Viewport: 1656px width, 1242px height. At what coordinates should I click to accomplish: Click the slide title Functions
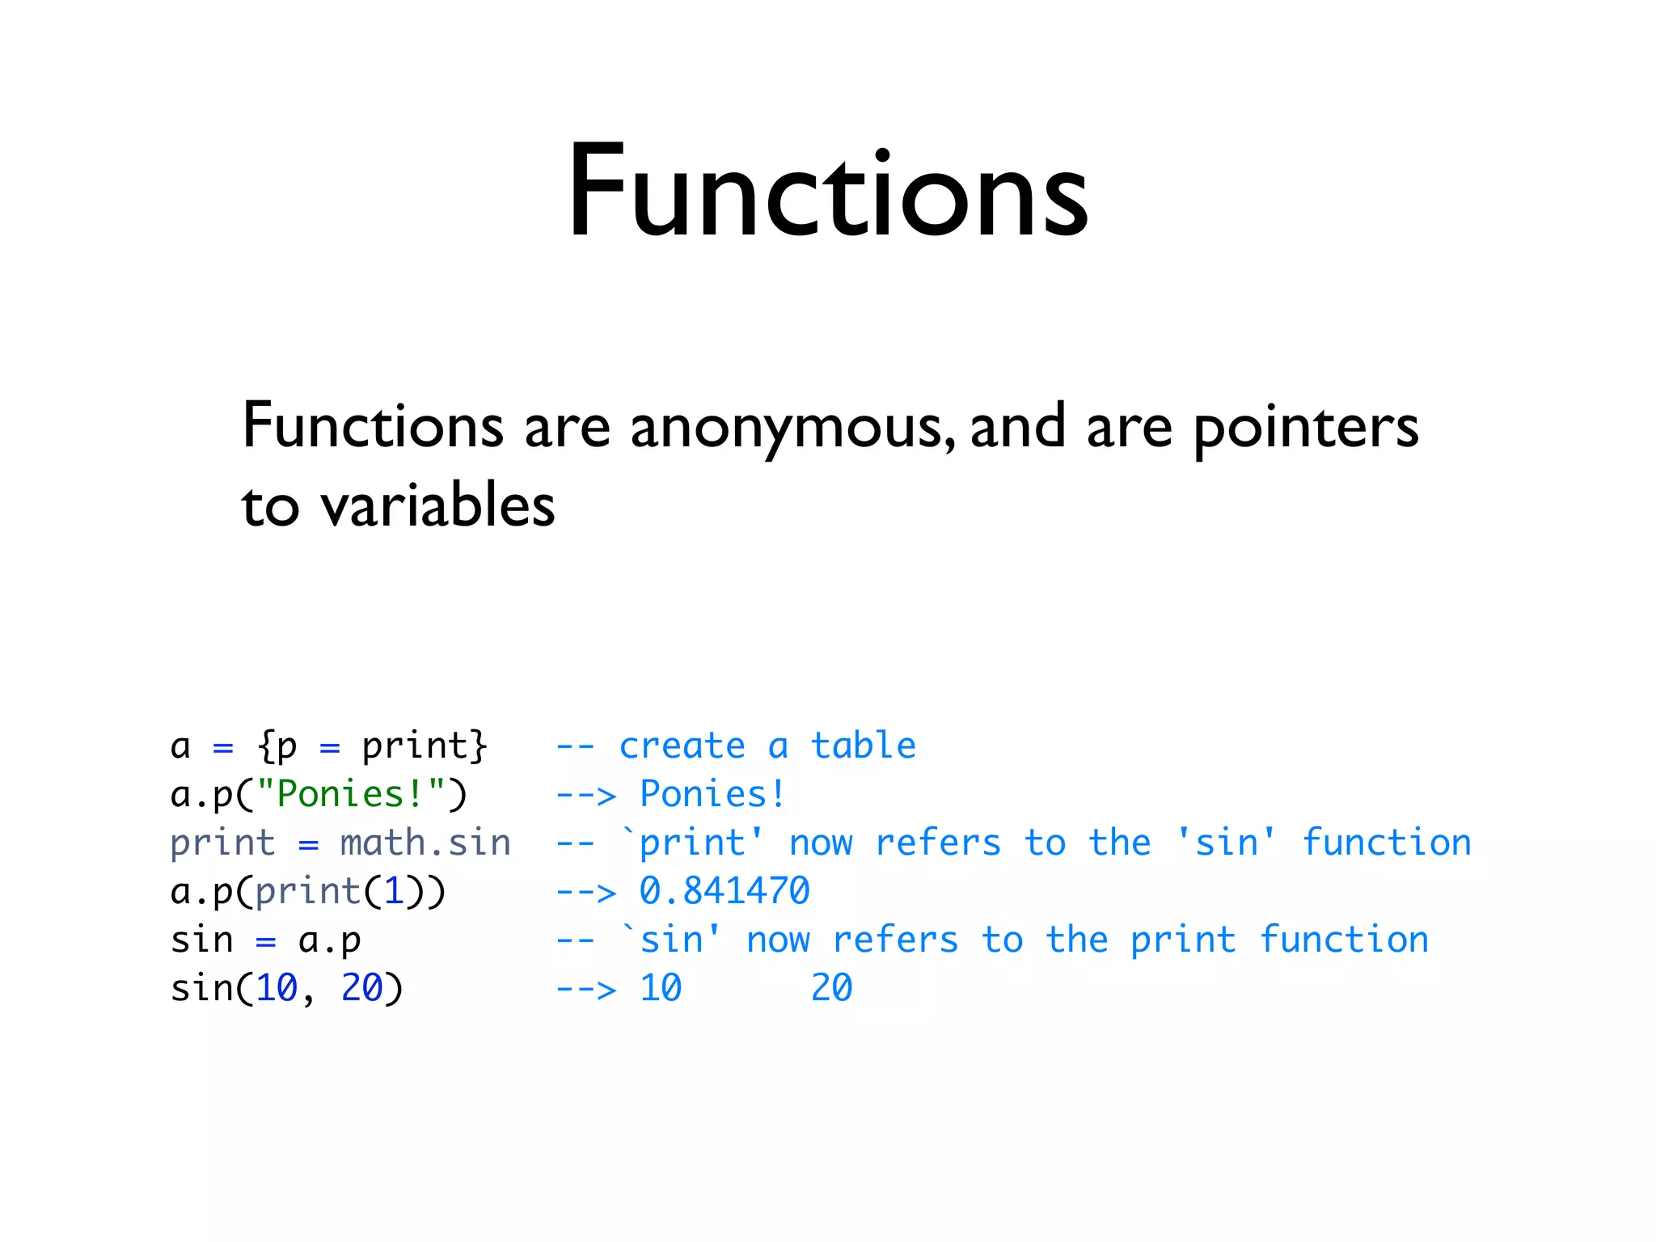pos(828,192)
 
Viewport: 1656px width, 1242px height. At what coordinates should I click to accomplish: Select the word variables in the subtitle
pos(437,506)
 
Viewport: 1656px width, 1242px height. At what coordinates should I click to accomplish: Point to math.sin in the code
pos(425,843)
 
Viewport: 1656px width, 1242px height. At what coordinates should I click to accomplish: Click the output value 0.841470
pos(724,891)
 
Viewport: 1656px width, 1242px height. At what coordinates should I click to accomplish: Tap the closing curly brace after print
pos(479,746)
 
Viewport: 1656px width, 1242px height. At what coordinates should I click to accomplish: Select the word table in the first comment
pos(864,746)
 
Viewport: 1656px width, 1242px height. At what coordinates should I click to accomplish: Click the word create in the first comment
pos(682,746)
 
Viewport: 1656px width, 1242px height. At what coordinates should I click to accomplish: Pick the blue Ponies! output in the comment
pos(712,794)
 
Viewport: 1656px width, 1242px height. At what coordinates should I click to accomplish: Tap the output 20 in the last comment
pos(831,988)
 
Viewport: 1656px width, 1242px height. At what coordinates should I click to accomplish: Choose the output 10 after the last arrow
pos(661,988)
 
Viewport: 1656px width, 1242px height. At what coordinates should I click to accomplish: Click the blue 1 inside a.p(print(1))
pos(394,891)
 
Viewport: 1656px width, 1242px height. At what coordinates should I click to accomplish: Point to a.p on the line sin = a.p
pos(329,940)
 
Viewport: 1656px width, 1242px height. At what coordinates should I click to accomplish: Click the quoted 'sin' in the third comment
pos(1227,843)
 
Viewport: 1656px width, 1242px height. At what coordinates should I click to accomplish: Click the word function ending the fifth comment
pos(1344,940)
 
